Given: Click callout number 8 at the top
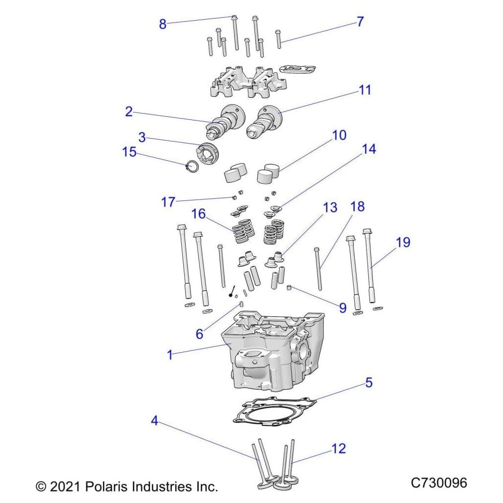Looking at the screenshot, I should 163,24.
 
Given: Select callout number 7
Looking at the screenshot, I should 360,22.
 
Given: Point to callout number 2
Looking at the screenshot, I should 129,112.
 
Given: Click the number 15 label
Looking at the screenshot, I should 129,152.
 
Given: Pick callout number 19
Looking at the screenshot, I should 403,243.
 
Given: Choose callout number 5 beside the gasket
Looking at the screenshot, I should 368,382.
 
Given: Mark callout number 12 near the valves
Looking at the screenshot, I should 339,448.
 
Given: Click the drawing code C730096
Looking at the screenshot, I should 439,483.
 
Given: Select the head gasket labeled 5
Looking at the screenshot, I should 273,411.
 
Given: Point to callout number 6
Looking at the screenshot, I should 199,334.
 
